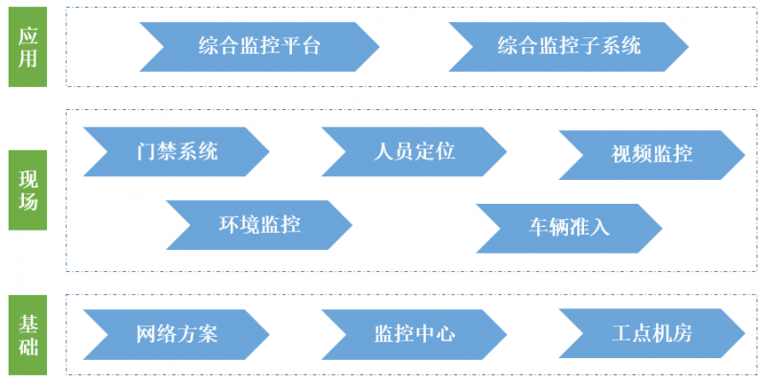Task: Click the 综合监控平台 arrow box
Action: click(x=259, y=45)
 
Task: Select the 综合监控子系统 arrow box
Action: click(x=569, y=45)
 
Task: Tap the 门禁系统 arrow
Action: click(x=177, y=151)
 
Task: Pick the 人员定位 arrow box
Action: click(x=414, y=151)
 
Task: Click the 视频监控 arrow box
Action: click(x=651, y=153)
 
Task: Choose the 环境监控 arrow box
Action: click(x=259, y=225)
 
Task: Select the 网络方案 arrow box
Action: click(x=177, y=334)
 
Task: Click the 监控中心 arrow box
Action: click(x=414, y=334)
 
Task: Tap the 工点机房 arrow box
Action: click(x=651, y=334)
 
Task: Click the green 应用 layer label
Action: click(x=29, y=45)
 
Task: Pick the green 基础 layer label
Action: click(x=29, y=332)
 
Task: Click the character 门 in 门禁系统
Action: click(x=146, y=151)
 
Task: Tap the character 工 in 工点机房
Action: click(x=621, y=334)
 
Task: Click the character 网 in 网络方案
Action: click(x=146, y=334)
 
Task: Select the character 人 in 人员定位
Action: click(x=383, y=151)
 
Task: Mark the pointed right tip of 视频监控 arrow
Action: click(x=743, y=153)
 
